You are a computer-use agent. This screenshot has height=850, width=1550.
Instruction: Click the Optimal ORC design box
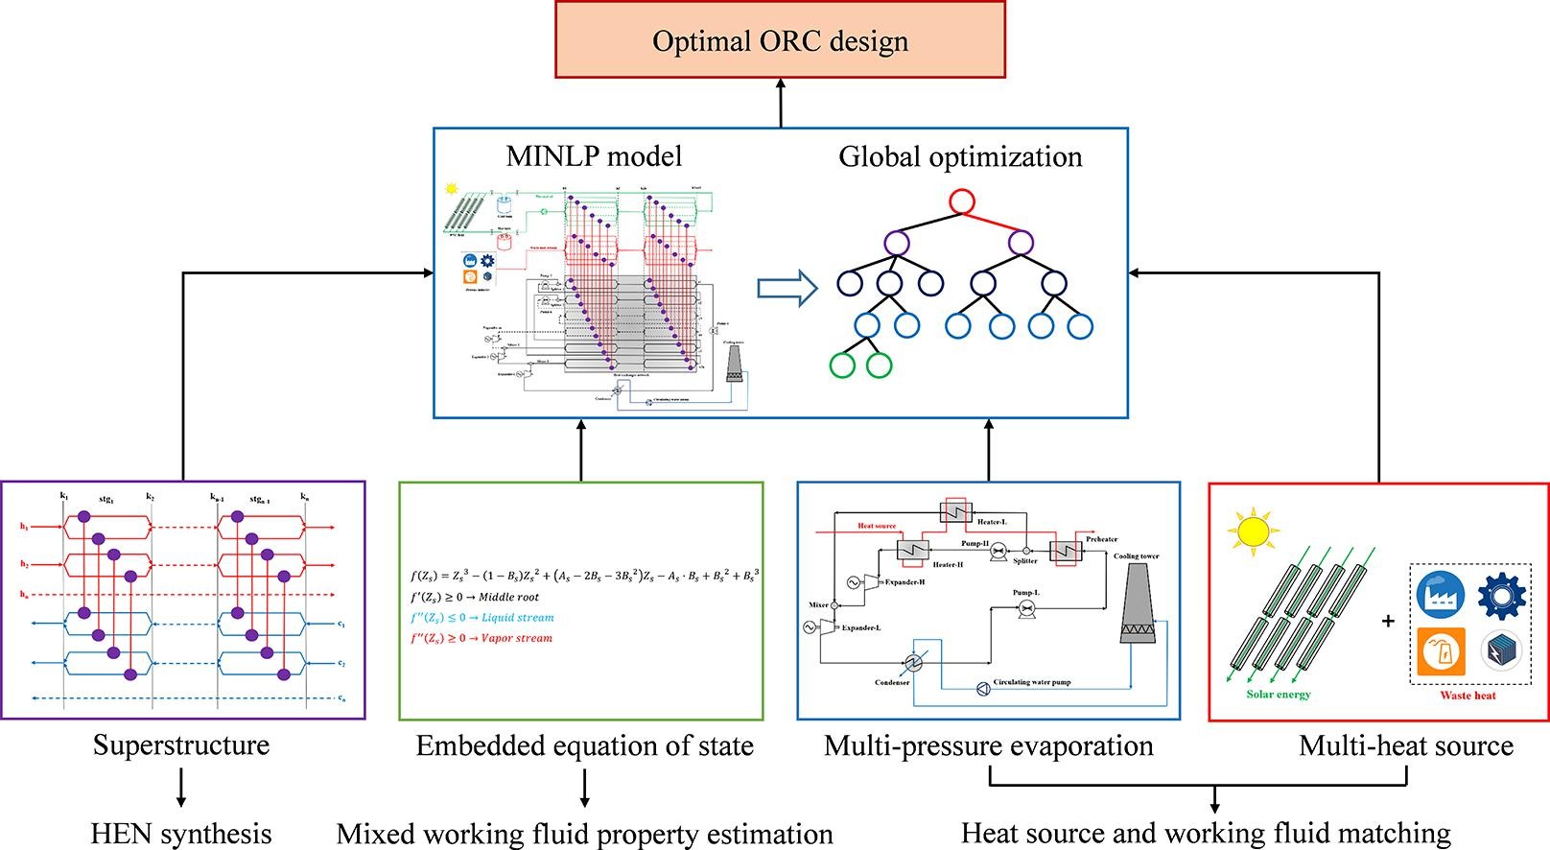point(780,40)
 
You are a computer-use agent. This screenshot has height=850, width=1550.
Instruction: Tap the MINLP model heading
point(594,156)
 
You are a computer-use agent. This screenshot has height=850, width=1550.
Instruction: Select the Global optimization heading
point(960,156)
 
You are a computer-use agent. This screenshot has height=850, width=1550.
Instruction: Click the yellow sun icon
point(1253,534)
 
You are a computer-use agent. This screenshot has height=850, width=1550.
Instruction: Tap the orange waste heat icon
point(1441,651)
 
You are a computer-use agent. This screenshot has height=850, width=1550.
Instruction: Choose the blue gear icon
point(1501,596)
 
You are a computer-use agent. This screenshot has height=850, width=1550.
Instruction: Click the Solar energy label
point(1279,695)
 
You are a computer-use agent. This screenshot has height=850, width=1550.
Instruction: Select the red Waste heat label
point(1468,696)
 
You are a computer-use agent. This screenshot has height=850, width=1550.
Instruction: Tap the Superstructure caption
point(181,745)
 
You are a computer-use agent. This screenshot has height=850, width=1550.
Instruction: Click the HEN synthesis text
point(181,834)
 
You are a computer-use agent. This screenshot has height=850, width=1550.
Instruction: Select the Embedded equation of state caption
point(584,745)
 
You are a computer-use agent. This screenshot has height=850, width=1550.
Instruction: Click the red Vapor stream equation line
point(481,638)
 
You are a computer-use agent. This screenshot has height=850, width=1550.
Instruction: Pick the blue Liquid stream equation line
point(482,618)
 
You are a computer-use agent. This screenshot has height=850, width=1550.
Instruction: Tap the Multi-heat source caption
point(1406,745)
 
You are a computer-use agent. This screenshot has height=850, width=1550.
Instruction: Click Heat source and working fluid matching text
point(1206,834)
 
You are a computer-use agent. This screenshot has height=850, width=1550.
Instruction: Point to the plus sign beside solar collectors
point(1388,622)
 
